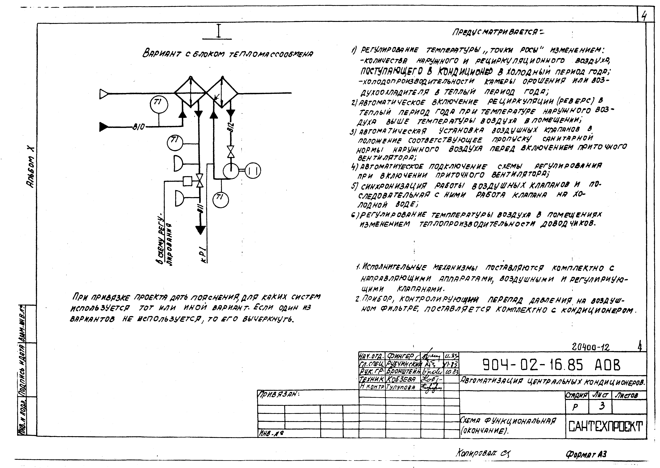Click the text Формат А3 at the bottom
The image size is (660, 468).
(x=586, y=454)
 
